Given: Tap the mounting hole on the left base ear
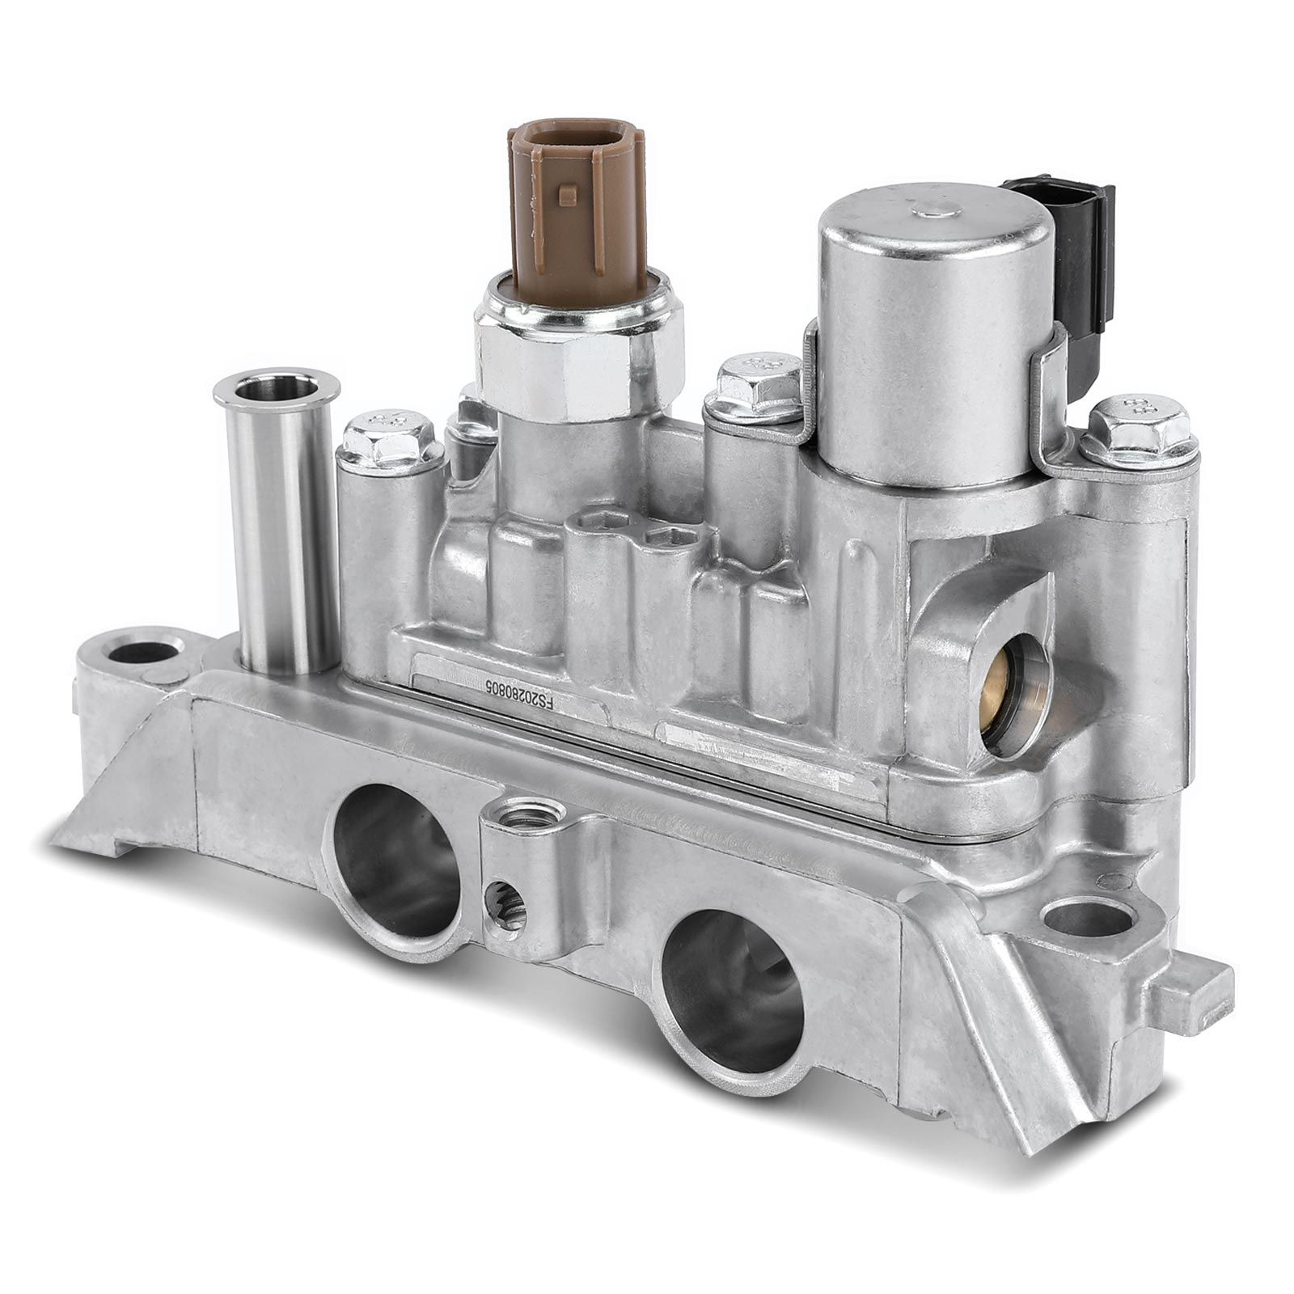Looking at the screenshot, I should [144, 650].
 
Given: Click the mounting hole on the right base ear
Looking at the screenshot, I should [1085, 918].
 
